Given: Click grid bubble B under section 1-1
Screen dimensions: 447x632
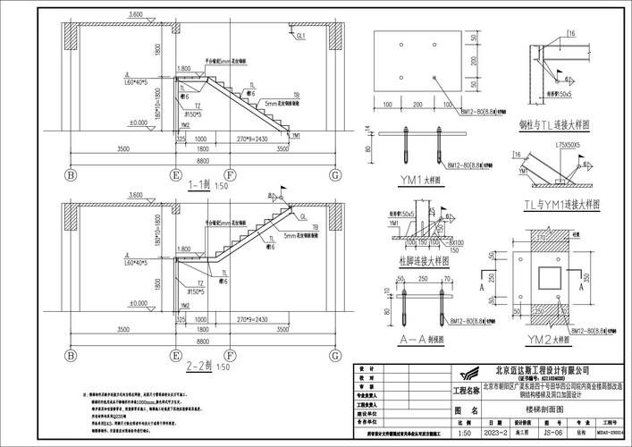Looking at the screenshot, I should [x=70, y=173].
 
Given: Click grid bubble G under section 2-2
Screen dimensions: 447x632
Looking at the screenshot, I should [x=333, y=350].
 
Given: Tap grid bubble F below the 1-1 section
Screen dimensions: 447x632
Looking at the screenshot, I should [x=231, y=173].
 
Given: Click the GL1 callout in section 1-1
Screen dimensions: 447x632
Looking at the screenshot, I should [x=302, y=36].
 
